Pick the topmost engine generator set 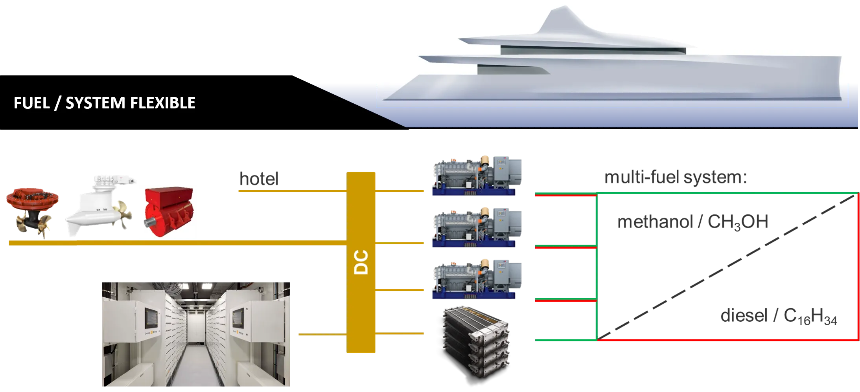[x=476, y=175]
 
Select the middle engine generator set [x=476, y=227]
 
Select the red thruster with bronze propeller [x=32, y=208]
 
